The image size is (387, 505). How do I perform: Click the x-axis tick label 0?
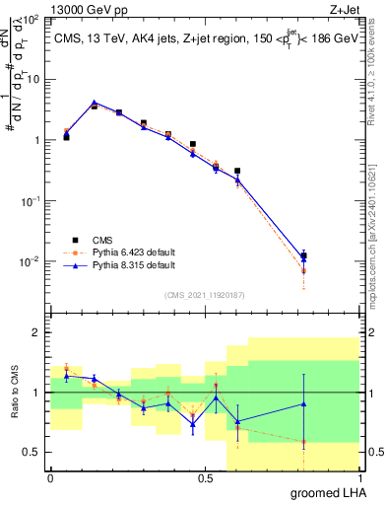50,478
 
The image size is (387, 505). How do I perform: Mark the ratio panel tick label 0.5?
32,452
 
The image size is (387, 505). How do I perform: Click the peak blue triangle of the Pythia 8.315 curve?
94,103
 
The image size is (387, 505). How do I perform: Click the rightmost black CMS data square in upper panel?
303,256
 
